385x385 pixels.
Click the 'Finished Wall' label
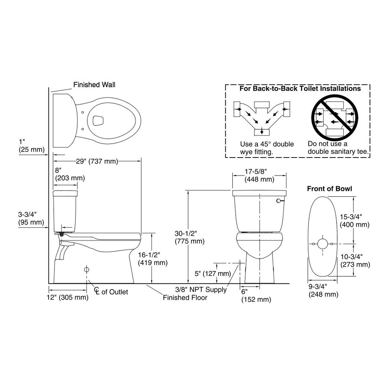[94, 85]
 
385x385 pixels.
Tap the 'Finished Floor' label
[185, 298]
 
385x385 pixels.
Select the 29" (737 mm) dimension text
[97, 162]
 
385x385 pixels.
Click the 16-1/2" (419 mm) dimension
[153, 259]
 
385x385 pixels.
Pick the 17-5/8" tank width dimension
[259, 176]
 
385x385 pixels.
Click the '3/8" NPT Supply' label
[201, 290]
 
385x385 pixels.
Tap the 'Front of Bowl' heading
[329, 189]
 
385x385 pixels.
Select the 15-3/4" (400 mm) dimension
[355, 221]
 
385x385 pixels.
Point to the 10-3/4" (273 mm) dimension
[355, 261]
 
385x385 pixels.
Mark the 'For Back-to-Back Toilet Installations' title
[300, 89]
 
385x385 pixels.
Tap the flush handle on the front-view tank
[279, 202]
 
